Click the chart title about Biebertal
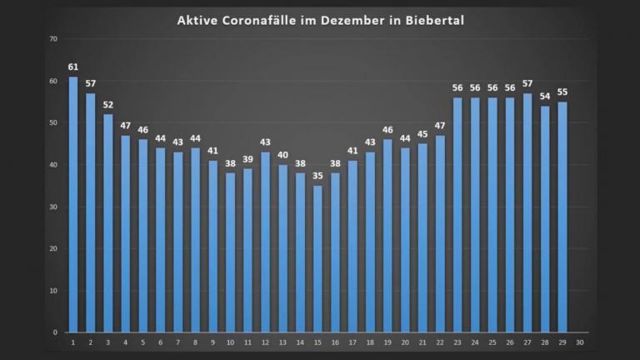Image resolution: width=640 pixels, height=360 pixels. tap(321, 20)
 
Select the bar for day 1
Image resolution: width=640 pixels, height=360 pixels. tap(73, 204)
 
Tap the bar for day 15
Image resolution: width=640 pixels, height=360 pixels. tap(317, 258)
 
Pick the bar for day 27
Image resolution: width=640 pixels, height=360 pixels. tap(527, 212)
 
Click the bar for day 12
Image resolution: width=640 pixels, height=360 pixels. tap(265, 242)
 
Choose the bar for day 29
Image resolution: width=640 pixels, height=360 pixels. tap(562, 217)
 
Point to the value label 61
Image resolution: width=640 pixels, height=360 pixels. tap(73, 67)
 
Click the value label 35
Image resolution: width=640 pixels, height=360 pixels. tap(317, 176)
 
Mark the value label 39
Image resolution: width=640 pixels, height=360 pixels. tap(247, 159)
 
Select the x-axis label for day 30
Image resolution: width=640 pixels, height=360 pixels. tap(579, 342)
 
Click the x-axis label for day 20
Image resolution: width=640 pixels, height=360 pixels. tap(405, 342)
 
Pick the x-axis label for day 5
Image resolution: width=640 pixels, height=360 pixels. tap(143, 342)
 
